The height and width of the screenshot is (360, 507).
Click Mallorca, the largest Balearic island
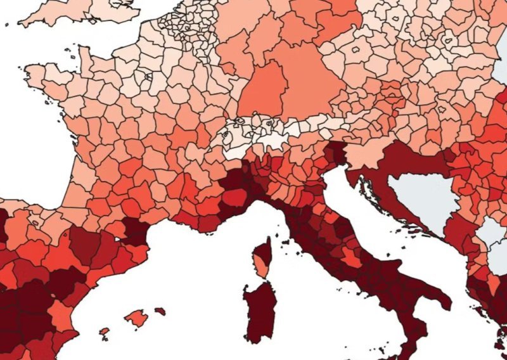(x=136, y=318)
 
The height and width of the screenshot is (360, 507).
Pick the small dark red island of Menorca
(x=160, y=311)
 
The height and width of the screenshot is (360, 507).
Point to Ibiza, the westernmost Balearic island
(x=105, y=331)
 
